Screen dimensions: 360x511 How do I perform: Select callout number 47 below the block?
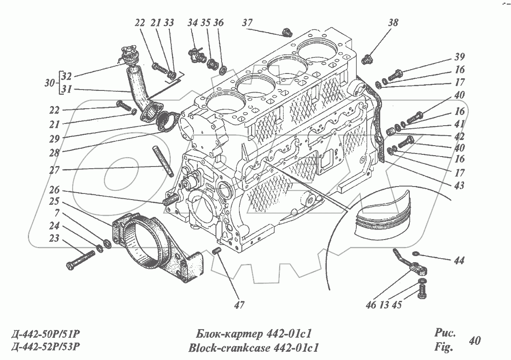(238, 305)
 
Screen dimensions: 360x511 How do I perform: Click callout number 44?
(459, 260)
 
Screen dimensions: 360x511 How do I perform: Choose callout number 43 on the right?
(459, 186)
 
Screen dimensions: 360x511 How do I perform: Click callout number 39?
(460, 57)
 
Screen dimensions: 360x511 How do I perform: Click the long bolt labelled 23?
(81, 259)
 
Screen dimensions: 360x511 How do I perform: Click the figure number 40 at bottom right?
(475, 340)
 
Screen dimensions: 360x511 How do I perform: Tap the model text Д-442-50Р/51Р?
(46, 334)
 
